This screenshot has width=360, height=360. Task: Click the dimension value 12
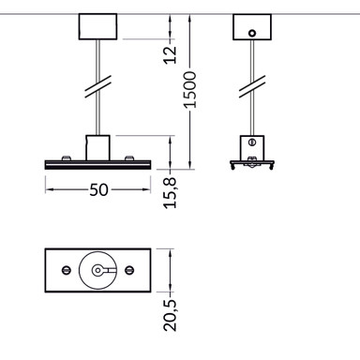coord(170,52)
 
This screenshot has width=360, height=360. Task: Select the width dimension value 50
coord(97,189)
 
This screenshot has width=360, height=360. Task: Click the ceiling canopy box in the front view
coord(97,27)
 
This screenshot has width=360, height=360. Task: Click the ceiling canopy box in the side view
coord(251,27)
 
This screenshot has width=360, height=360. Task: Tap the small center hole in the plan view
coord(98,270)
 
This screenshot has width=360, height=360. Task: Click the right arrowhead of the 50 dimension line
coord(146,189)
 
